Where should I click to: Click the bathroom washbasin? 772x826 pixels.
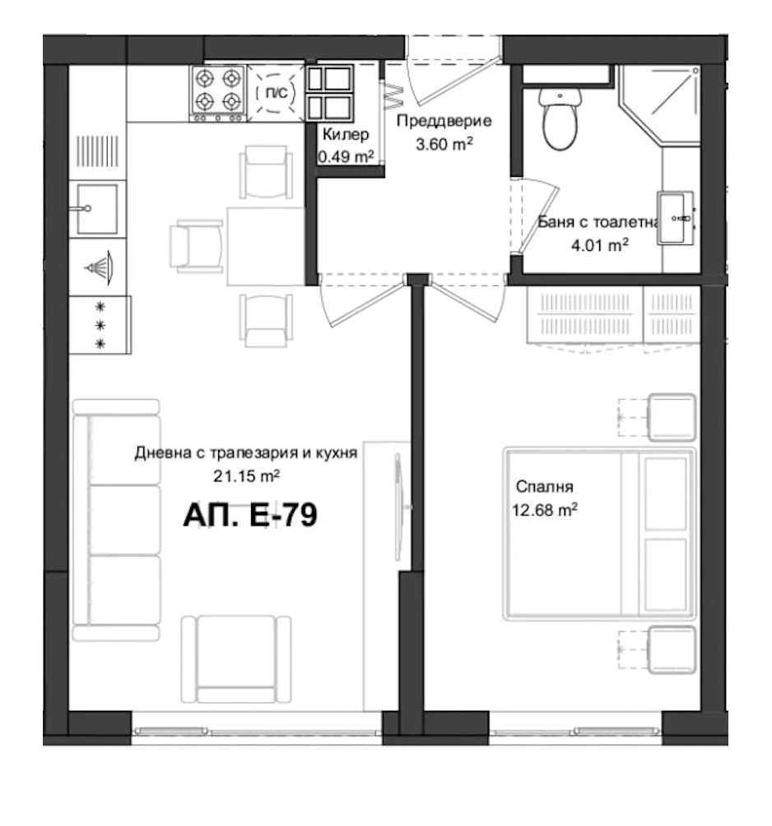pos(676,218)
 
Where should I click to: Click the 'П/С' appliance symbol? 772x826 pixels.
pos(277,93)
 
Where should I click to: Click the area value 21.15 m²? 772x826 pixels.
pos(247,474)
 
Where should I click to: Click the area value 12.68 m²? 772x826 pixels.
pos(543,511)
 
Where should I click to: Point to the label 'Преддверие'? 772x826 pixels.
pos(444,122)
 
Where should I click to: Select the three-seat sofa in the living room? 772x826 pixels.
pos(115,520)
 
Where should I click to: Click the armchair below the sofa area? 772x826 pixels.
pos(235,655)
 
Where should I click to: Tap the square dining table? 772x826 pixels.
pos(266,245)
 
